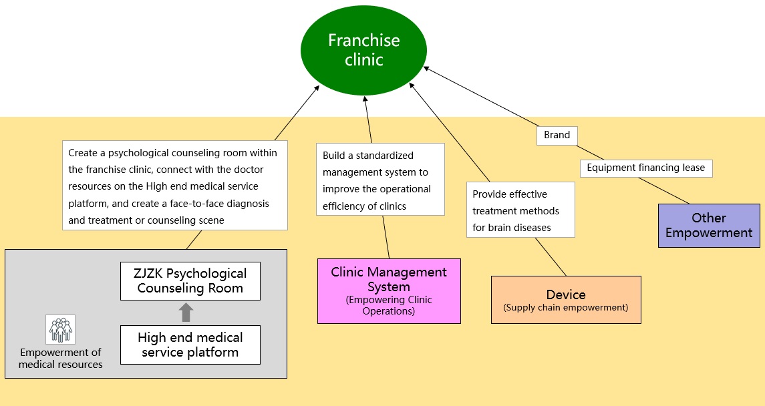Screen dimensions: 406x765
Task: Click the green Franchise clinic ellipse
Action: [x=363, y=50]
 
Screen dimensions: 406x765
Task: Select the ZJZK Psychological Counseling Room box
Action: [x=190, y=281]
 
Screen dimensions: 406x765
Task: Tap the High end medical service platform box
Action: [x=190, y=345]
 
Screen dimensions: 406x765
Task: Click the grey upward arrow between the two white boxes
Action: [x=186, y=313]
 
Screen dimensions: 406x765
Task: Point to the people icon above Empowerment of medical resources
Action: [x=60, y=329]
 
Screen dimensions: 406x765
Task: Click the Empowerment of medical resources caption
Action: [x=60, y=359]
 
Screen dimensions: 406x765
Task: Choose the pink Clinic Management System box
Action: [x=389, y=291]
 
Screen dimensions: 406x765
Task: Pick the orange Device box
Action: [x=566, y=300]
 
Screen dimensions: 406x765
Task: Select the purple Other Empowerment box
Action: [x=709, y=226]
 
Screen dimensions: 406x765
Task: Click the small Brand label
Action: [x=557, y=136]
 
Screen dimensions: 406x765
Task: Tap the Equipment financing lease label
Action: [x=646, y=168]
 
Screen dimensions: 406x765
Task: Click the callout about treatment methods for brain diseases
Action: [x=520, y=210]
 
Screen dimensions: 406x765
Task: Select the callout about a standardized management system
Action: [x=379, y=180]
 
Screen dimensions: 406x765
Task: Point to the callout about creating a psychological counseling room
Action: [x=174, y=186]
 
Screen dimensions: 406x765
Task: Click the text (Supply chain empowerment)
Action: [x=566, y=308]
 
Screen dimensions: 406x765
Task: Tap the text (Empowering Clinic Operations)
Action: [x=389, y=305]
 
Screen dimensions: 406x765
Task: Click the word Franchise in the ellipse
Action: [x=363, y=41]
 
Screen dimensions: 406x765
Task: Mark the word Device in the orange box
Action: [x=566, y=294]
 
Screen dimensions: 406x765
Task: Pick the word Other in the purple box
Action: [x=709, y=218]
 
